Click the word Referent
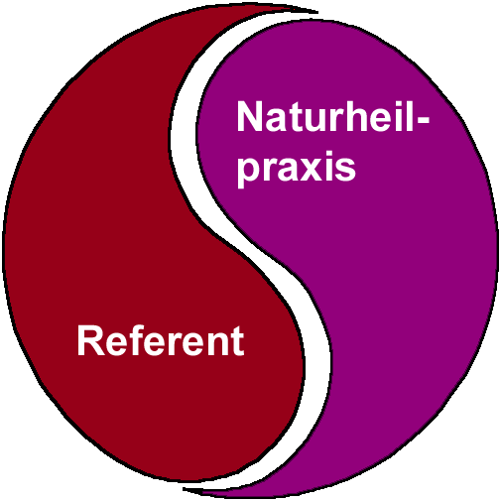click(161, 340)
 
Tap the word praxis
click(297, 168)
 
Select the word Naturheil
click(325, 116)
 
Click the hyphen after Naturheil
click(422, 121)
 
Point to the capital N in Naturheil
click(250, 116)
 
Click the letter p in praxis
click(248, 173)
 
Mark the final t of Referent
click(237, 341)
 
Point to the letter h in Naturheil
click(355, 116)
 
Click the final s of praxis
click(345, 170)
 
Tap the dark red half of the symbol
click(99, 231)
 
